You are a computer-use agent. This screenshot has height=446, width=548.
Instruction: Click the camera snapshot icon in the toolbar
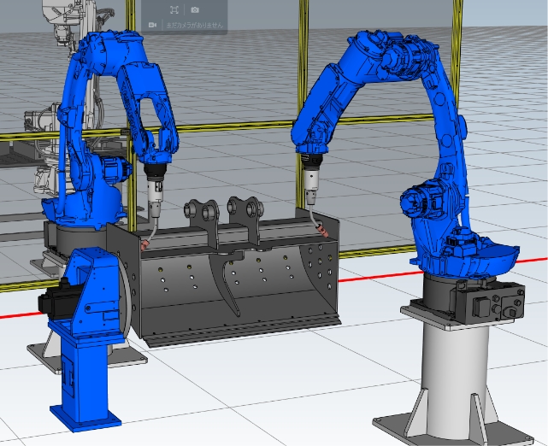tap(195, 9)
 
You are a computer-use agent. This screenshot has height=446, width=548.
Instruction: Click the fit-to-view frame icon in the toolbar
tap(174, 9)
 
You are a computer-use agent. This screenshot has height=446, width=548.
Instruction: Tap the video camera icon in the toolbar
tap(152, 25)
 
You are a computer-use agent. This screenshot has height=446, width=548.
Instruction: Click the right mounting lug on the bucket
tap(243, 209)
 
